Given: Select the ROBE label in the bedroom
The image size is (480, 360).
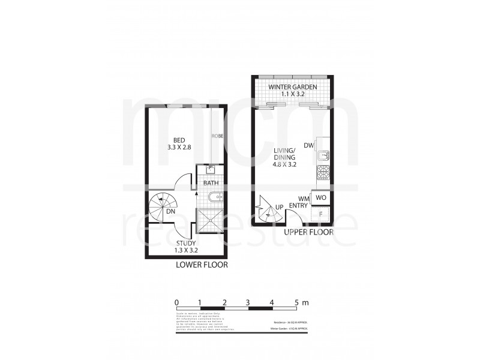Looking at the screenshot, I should point(217,136).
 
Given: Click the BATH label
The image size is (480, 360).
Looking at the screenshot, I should point(211,183).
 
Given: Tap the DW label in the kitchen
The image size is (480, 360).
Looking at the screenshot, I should point(309,146).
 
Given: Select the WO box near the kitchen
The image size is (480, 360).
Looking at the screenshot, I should point(321,197).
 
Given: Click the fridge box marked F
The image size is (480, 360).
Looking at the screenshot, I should point(322,214).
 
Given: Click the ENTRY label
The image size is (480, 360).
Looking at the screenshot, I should point(298,206).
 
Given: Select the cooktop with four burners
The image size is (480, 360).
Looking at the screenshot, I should point(323,173).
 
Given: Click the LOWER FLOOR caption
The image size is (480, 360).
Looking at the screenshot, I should point(202,265).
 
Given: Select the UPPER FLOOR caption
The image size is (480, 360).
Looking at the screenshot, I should point(308,232).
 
